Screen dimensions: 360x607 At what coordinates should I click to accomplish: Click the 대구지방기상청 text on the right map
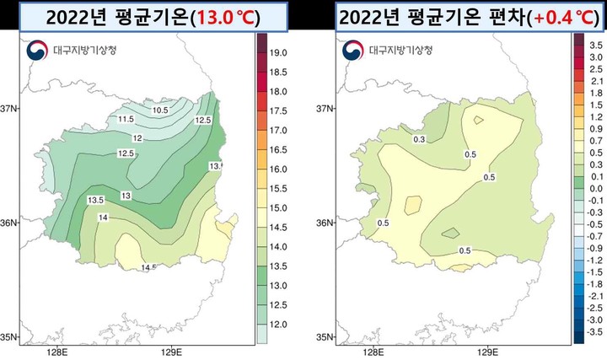pos(398,51)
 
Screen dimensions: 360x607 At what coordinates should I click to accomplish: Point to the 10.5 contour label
pos(160,110)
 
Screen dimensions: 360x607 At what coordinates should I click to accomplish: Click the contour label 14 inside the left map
pos(104,218)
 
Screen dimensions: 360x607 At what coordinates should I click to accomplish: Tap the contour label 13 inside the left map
pos(126,196)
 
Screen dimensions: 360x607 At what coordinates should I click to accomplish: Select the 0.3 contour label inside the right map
pos(418,140)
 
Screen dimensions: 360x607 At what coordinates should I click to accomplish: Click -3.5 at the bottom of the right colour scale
pos(594,332)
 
